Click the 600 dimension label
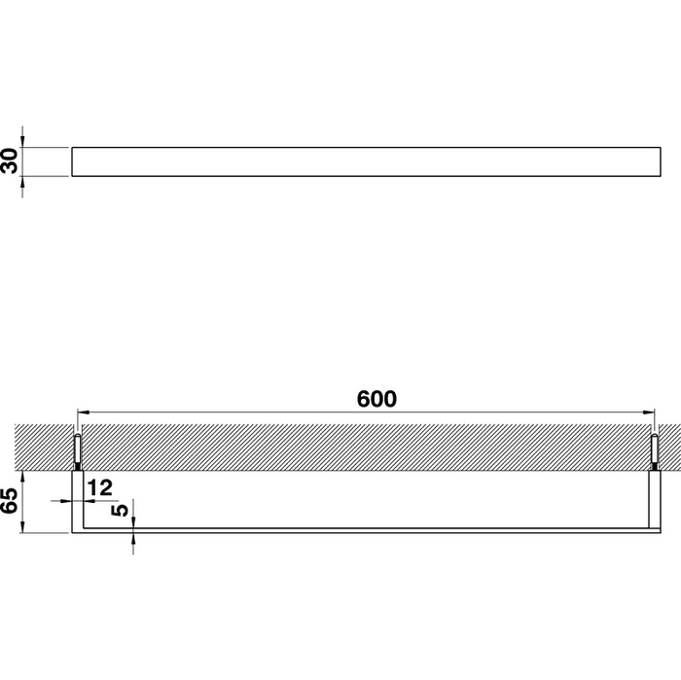click(x=376, y=399)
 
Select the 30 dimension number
click(x=10, y=161)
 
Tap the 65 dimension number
click(x=10, y=501)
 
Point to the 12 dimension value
click(x=100, y=487)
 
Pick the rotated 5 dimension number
click(x=120, y=510)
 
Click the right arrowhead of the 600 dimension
click(x=649, y=412)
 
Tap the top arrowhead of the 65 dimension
click(x=22, y=477)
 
